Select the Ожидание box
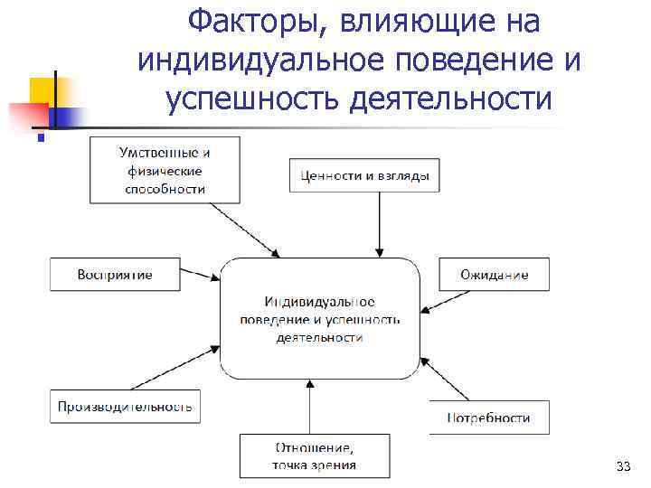[494, 275]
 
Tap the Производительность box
[125, 406]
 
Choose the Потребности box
[489, 418]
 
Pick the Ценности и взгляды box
[364, 175]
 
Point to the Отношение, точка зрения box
[314, 456]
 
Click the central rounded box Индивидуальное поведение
[320, 318]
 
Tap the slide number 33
[621, 466]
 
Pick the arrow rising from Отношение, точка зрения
[310, 408]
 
